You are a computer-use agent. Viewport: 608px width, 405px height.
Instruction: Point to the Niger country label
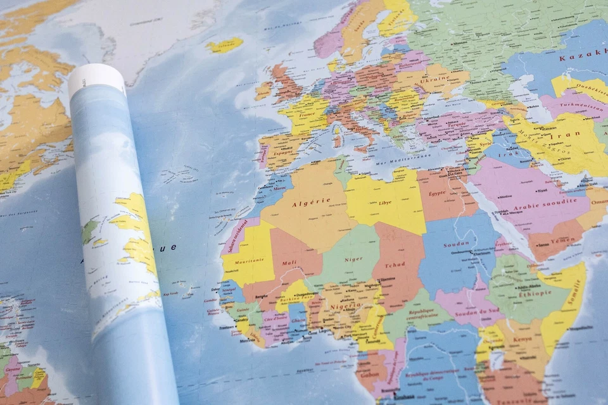point(353,259)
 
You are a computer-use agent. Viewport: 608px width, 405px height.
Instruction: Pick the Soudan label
point(457,243)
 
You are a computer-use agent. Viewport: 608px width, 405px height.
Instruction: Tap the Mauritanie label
point(251,261)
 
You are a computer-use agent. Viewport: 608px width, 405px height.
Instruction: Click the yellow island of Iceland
point(225,45)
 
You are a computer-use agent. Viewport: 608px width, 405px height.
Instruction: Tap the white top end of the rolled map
point(96,77)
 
